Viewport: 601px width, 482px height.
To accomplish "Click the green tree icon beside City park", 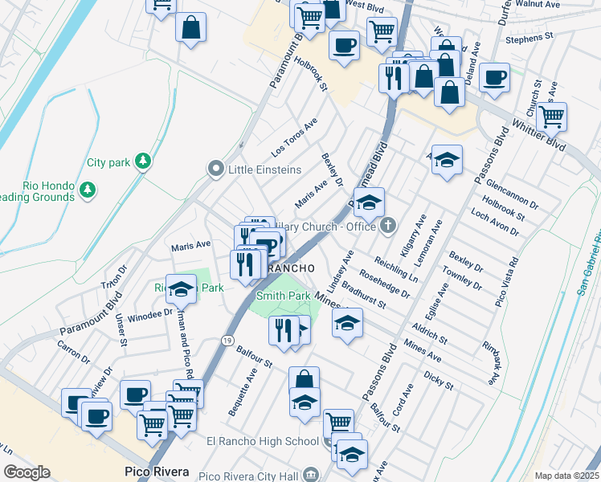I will [x=142, y=161].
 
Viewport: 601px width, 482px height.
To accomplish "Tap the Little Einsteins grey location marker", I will [x=215, y=170].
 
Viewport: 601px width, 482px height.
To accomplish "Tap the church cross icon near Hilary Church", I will [x=389, y=226].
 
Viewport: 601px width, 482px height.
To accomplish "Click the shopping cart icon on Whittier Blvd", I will [x=552, y=116].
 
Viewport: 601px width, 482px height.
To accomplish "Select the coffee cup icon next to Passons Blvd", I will [x=494, y=78].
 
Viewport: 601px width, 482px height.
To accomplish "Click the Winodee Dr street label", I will [x=145, y=316].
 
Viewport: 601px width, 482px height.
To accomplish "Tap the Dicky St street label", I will [x=438, y=380].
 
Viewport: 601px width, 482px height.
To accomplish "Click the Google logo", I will [x=27, y=472].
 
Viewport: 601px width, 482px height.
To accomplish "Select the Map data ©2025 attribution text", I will [x=567, y=476].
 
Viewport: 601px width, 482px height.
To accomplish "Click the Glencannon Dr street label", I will [x=511, y=194].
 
